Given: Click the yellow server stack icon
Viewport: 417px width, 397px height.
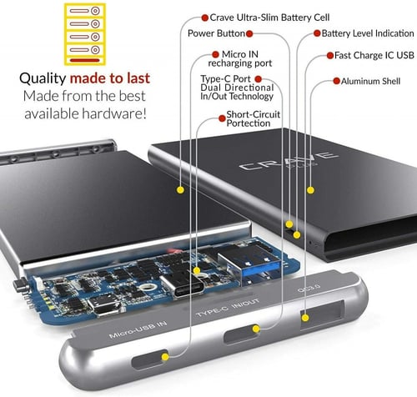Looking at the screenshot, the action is [x=85, y=34].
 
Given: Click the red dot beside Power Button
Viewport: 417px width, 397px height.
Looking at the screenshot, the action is [x=249, y=34].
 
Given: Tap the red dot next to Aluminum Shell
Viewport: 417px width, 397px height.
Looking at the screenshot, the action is [x=336, y=81].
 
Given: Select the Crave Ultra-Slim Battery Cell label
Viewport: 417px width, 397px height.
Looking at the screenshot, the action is [x=269, y=18].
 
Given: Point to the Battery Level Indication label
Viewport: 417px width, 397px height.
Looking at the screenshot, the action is [x=368, y=33].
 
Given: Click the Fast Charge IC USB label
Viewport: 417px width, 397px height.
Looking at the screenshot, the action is [x=374, y=55].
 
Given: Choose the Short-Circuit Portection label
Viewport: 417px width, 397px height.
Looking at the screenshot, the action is [x=253, y=118].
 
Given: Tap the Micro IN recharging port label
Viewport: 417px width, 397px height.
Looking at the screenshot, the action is [x=240, y=58].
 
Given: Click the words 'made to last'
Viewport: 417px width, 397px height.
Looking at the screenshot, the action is [x=110, y=78].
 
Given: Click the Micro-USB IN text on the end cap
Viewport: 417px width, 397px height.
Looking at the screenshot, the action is [x=138, y=329].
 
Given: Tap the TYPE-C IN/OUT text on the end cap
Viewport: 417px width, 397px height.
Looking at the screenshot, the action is [x=228, y=308].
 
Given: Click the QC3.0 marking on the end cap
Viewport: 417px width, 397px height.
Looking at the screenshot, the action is [x=309, y=289].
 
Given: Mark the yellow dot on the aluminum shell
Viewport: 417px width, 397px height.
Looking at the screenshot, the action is [x=310, y=190].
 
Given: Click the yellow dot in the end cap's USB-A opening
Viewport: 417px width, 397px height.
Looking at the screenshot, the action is [x=305, y=318].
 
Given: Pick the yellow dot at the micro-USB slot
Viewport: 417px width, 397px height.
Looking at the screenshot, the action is [x=165, y=357].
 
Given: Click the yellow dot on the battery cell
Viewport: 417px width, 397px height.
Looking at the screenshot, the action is [x=181, y=190].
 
